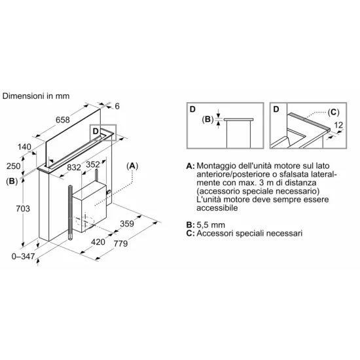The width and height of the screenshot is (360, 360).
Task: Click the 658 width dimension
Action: click(63, 120)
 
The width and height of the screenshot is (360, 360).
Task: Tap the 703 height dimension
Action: click(23, 208)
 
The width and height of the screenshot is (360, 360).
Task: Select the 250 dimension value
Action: click(13, 166)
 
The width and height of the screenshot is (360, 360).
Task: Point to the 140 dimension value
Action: click(24, 147)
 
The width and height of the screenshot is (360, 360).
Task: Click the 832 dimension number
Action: click(74, 168)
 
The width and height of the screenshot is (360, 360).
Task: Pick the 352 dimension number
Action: click(93, 164)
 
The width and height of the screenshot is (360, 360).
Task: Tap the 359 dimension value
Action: click(127, 223)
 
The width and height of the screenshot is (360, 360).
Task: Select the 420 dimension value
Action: click(98, 242)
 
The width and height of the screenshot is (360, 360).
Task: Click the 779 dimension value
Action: click(121, 243)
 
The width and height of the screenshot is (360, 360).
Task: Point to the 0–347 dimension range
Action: click(23, 256)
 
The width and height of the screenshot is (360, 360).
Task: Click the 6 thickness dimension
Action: click(117, 106)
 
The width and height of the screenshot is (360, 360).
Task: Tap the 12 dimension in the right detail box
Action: click(338, 125)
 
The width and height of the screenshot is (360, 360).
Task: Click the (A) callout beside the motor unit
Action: click(132, 166)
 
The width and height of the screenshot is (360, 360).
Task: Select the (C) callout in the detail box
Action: click(333, 113)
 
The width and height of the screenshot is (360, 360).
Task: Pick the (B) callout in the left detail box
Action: click(207, 119)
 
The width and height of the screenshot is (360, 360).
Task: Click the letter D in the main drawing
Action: click(96, 132)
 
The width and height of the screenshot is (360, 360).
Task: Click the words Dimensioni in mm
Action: click(36, 96)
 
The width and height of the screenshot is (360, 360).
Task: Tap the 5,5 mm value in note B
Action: click(211, 225)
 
